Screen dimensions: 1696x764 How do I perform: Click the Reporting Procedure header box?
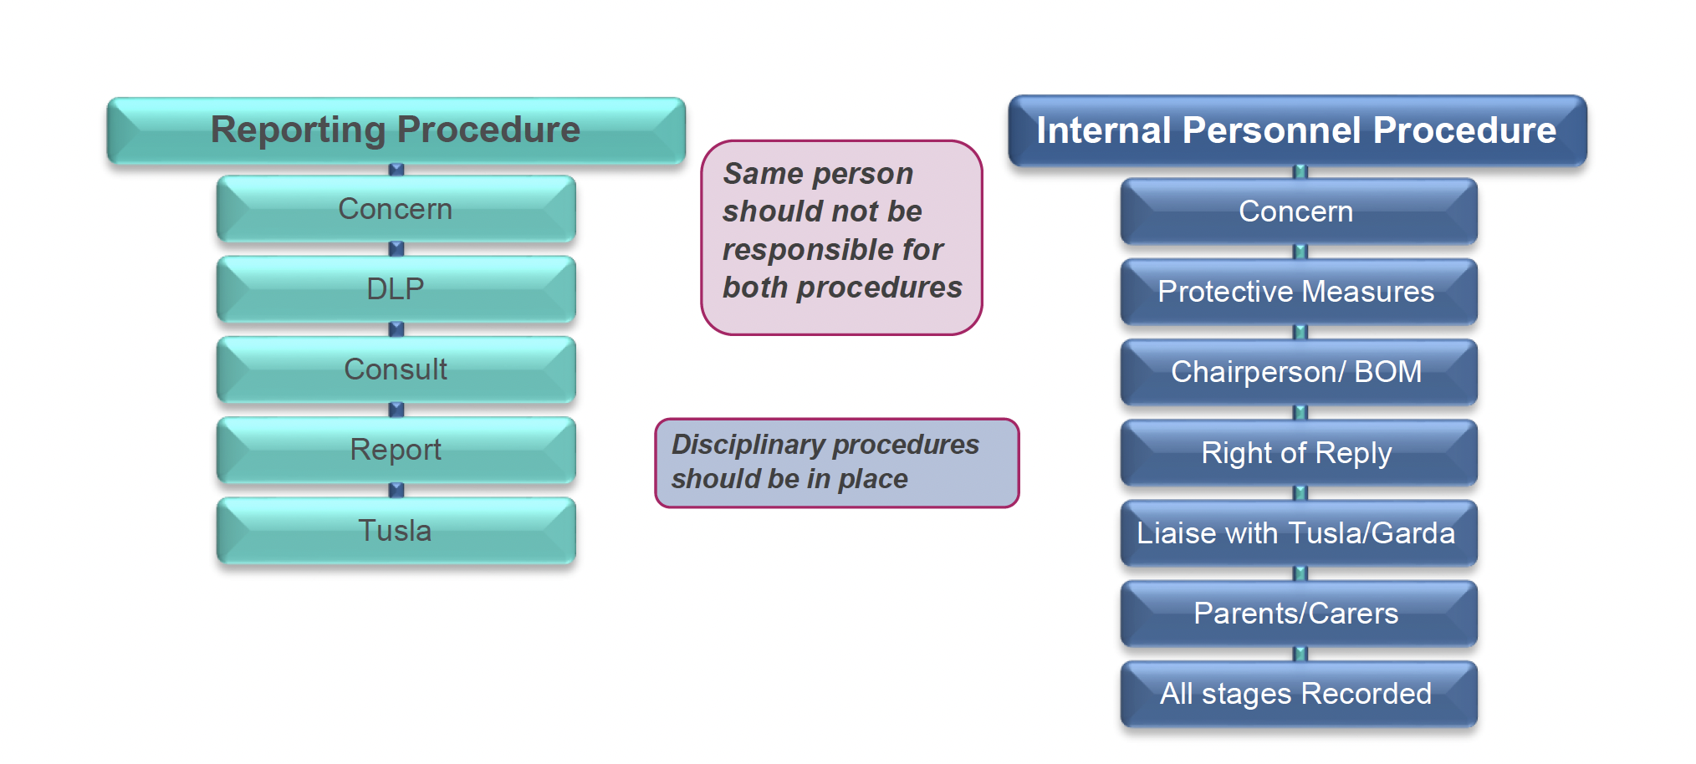(x=396, y=130)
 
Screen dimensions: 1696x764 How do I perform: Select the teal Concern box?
(x=396, y=209)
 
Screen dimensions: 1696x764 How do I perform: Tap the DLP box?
(x=396, y=289)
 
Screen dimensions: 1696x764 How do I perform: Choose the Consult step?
(x=396, y=369)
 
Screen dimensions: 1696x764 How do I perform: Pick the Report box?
(x=396, y=450)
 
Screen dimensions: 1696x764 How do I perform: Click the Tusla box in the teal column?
(x=396, y=531)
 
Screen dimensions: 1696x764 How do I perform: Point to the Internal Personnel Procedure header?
(x=1296, y=130)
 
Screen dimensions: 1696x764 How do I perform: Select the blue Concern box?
(x=1298, y=211)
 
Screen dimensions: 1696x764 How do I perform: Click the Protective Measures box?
(x=1298, y=292)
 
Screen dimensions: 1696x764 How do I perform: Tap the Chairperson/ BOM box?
(x=1298, y=372)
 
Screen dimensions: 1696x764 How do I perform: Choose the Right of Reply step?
(x=1298, y=453)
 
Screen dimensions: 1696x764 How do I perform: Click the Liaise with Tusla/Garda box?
(x=1298, y=533)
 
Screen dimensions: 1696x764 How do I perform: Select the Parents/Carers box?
(x=1298, y=614)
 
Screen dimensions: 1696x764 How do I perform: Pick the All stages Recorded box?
(x=1298, y=694)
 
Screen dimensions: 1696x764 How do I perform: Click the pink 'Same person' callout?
(x=841, y=237)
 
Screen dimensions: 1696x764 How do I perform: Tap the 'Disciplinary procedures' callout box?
(x=836, y=462)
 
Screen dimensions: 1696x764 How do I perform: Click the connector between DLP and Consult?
(x=396, y=329)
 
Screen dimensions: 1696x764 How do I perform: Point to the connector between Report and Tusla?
(x=396, y=490)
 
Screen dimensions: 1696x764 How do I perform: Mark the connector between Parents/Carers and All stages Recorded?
(x=1300, y=654)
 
